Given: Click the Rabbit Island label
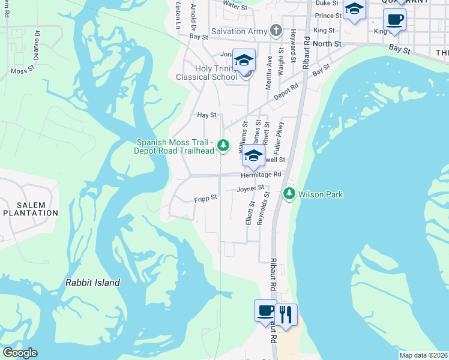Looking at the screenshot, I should coord(92,283).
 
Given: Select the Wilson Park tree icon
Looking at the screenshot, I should coord(290,194).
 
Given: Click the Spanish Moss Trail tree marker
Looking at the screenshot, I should coord(223,145).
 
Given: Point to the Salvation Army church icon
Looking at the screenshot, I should coord(276,31).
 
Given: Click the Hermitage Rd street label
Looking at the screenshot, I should coord(261,175).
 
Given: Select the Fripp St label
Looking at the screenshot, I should coord(205,197).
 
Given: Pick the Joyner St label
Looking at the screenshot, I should coord(250,188).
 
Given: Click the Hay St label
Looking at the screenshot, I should coord(206,115).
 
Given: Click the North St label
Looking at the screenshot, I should coord(327,44).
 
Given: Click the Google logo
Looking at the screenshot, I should coord(20,353).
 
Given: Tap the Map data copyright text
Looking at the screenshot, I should coord(423,355).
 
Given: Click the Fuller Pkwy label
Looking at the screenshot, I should coord(279,136).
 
